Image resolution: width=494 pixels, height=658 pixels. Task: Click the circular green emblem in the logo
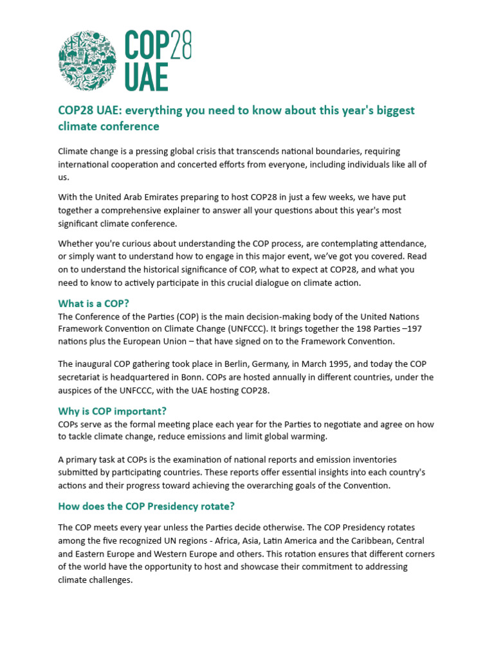click(87, 61)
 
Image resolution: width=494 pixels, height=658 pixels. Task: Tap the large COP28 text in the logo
click(158, 46)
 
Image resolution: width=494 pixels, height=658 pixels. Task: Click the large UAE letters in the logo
click(146, 78)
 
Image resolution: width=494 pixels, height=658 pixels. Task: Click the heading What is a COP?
click(98, 303)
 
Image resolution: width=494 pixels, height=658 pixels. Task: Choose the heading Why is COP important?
click(116, 411)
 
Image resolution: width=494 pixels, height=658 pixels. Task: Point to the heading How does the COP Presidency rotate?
click(146, 506)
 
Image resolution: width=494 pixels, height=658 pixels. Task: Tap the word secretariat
click(82, 377)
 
